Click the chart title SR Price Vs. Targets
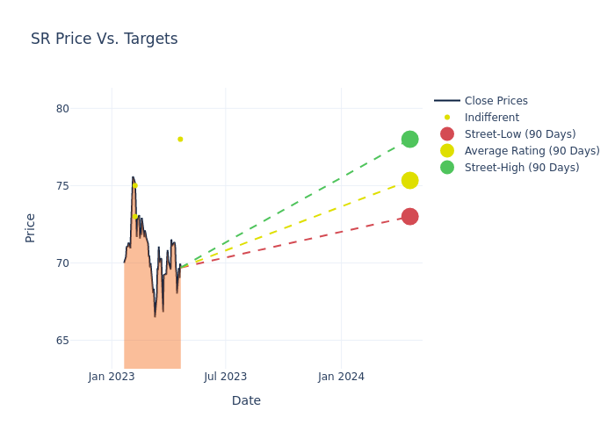[104, 40]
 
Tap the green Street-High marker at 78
[409, 140]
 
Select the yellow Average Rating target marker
[409, 180]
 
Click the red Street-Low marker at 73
[409, 216]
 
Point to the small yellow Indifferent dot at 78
[180, 139]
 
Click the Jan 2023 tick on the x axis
[112, 378]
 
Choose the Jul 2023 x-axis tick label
[226, 378]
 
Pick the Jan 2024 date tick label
[341, 378]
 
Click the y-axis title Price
[31, 227]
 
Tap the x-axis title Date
[246, 401]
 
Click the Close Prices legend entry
[496, 101]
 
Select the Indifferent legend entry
[491, 118]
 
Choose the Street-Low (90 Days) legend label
[519, 134]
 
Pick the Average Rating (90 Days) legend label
[532, 151]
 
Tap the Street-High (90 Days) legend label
[521, 168]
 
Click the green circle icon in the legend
[447, 168]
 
